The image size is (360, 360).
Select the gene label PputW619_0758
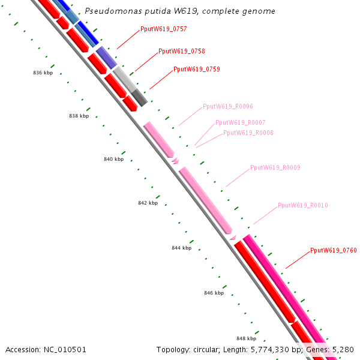point(181,52)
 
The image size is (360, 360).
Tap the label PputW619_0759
point(196,70)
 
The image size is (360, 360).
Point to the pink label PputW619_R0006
point(227,107)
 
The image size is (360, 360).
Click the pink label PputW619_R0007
point(240,122)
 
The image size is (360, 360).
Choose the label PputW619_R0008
point(248,133)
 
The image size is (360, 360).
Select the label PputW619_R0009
point(275,168)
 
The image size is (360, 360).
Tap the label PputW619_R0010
point(302,206)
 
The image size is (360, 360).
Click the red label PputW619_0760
point(333,250)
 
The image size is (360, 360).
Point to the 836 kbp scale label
point(43,73)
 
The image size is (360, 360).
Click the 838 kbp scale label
point(79,116)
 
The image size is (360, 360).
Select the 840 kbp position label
point(113,160)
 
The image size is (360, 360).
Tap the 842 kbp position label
point(148,203)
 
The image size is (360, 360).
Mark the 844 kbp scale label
point(181,248)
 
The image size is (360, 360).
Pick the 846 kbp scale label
point(214,293)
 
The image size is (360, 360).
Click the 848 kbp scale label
point(246,338)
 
